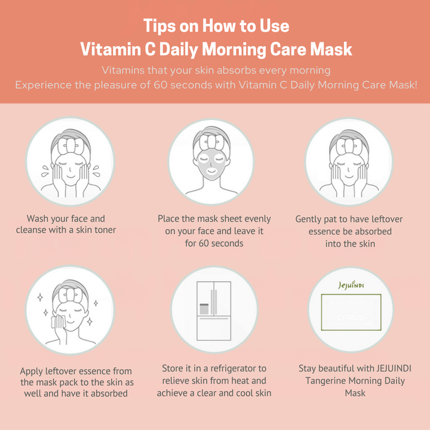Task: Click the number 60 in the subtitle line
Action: [x=160, y=85]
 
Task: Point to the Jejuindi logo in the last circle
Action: [x=351, y=285]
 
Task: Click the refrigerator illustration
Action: [x=214, y=311]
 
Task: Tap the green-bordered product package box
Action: [x=351, y=312]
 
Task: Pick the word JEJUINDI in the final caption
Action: [x=394, y=368]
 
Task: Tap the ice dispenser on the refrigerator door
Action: [x=204, y=309]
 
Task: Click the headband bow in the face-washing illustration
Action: [x=70, y=146]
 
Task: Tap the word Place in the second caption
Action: [x=168, y=219]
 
